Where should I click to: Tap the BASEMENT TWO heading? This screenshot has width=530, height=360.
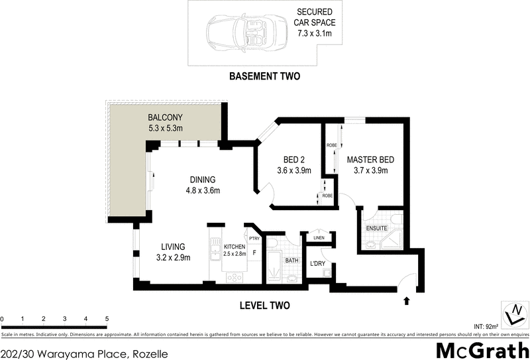264,76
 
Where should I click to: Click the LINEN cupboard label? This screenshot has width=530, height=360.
318,238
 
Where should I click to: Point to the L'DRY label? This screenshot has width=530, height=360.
318,265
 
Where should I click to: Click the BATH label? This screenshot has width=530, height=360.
292,261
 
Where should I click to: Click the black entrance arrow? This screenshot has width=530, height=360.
406,300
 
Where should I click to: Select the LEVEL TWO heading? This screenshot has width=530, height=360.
264,306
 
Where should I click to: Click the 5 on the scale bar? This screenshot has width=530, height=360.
107,319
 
